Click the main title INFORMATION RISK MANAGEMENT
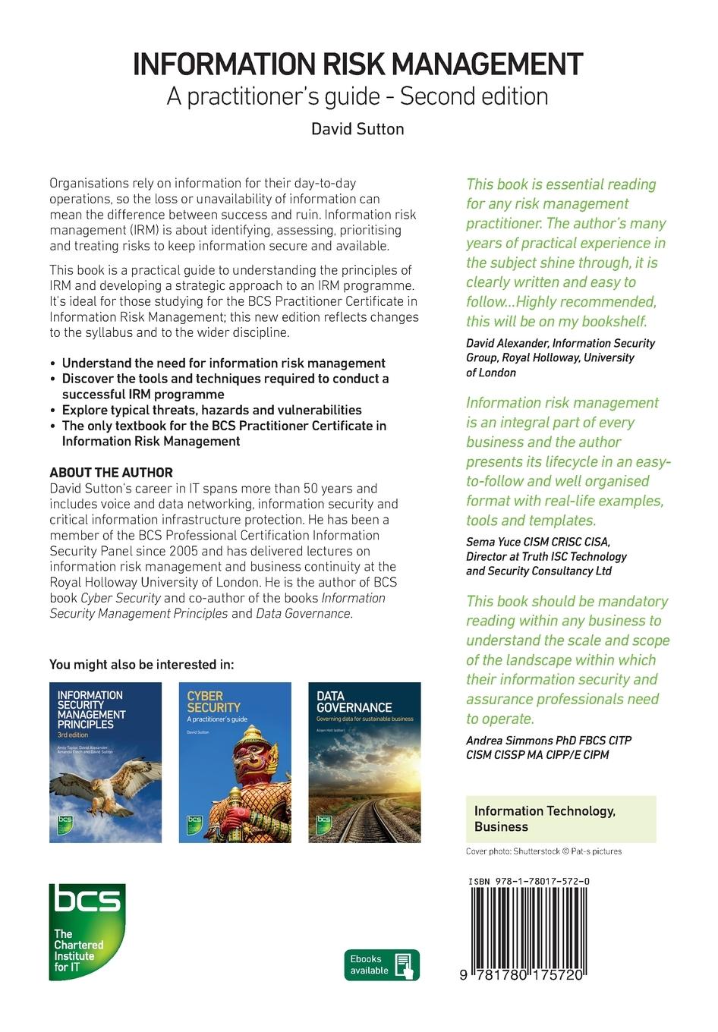click(x=358, y=65)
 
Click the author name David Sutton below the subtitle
click(x=357, y=129)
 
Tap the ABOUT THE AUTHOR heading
click(x=111, y=472)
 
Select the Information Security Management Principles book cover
click(x=105, y=762)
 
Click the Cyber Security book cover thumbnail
click(x=235, y=762)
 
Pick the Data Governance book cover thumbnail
click(x=364, y=762)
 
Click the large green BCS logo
click(x=87, y=931)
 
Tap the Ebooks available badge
click(x=381, y=964)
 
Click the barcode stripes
click(x=529, y=928)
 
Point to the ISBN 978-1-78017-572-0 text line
click(x=530, y=882)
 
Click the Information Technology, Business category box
click(x=560, y=819)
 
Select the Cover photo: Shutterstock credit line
click(x=543, y=851)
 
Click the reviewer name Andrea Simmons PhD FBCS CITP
click(x=548, y=740)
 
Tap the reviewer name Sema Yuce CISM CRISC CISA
click(x=537, y=542)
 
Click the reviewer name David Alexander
click(x=507, y=343)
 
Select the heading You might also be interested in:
click(x=142, y=665)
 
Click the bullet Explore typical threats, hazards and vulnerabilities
click(x=212, y=410)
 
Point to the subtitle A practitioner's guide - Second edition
click(x=357, y=97)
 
